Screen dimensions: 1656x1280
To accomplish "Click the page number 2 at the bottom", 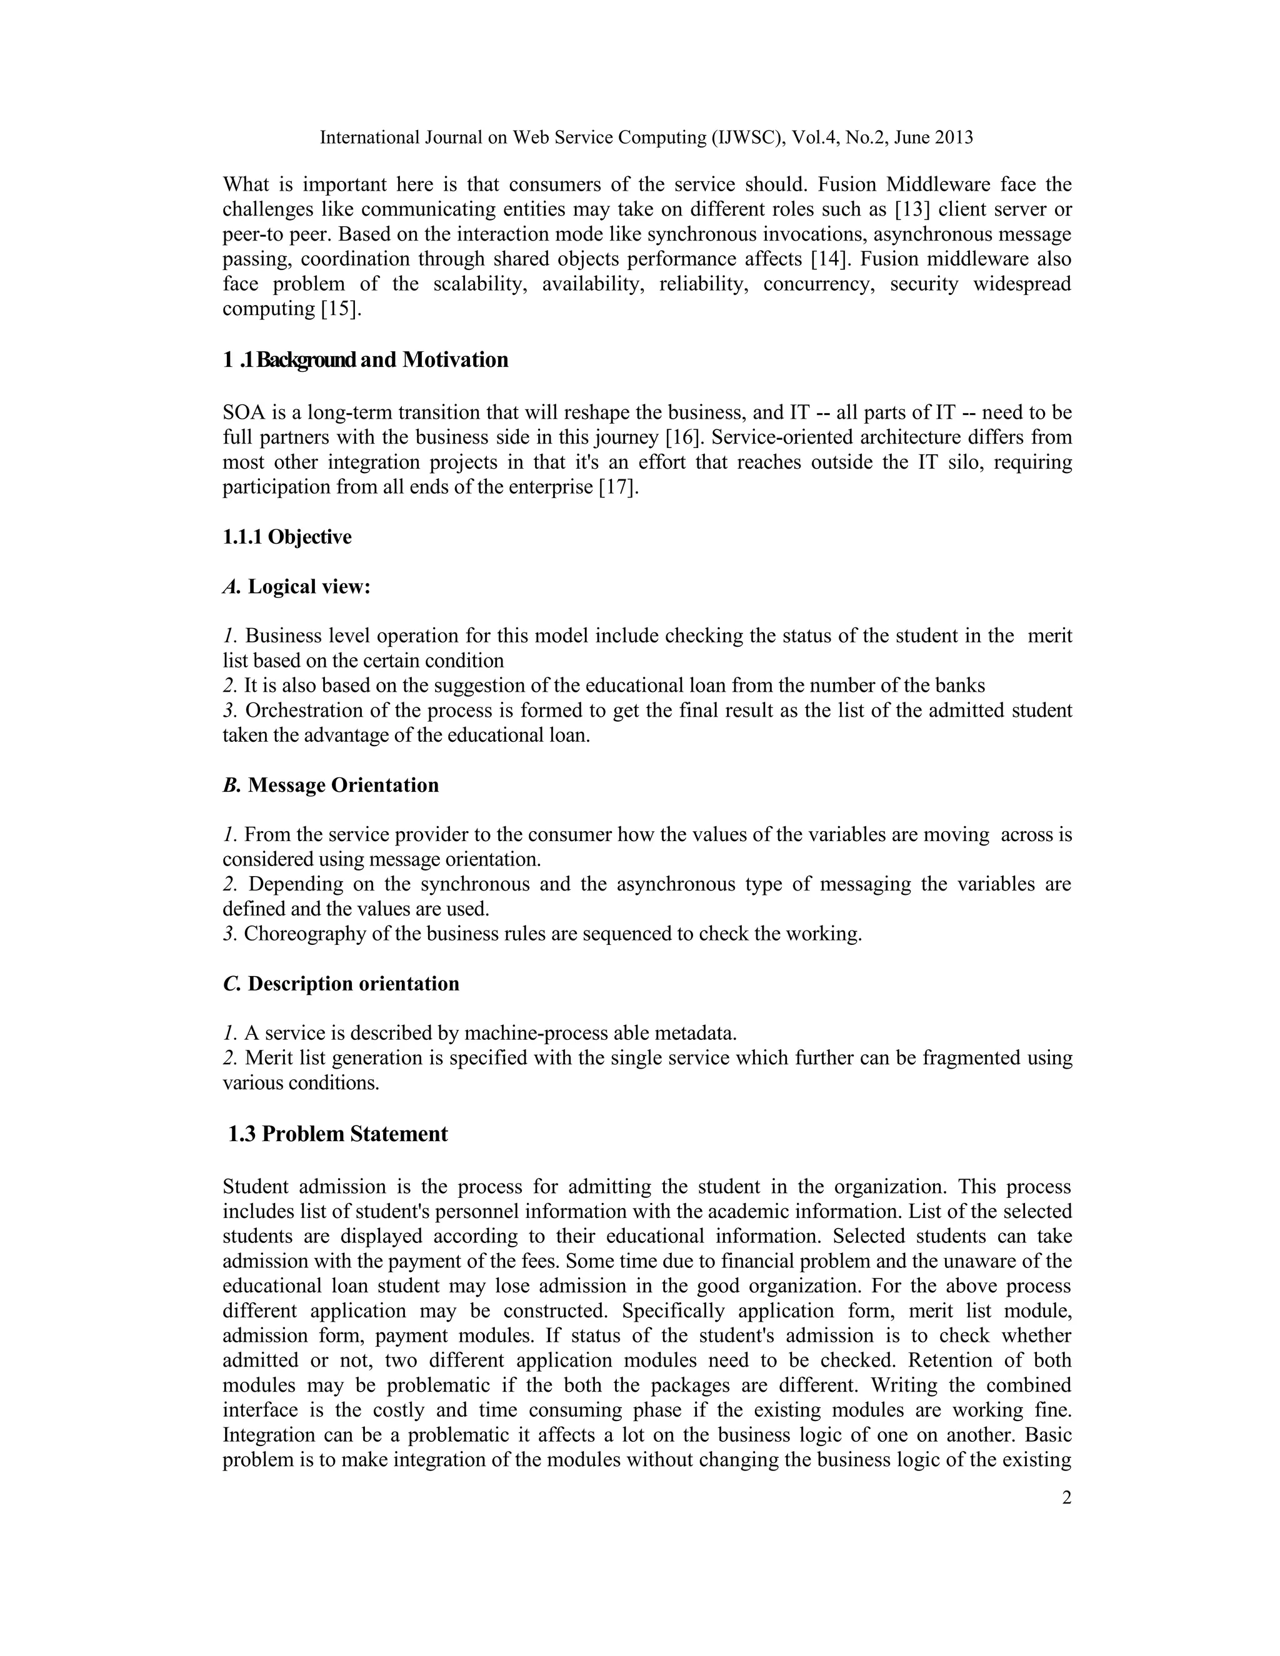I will [1066, 1497].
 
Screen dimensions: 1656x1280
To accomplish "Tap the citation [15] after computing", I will [341, 309].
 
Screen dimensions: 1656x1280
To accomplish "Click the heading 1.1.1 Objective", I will [287, 537].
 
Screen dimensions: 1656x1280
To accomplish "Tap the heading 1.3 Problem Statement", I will [337, 1134].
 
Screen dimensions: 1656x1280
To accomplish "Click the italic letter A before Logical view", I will [231, 587].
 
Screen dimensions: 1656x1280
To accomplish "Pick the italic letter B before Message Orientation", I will [231, 786].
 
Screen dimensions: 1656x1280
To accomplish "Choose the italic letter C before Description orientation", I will [231, 984].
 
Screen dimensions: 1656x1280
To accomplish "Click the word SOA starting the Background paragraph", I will [241, 413].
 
